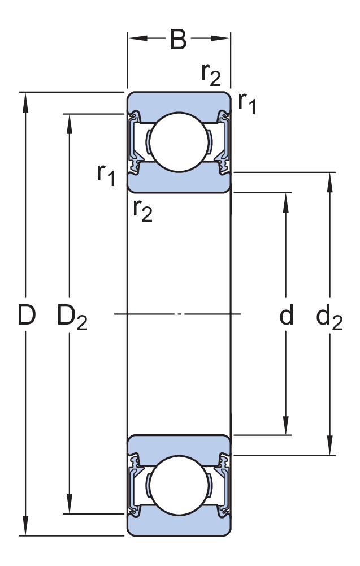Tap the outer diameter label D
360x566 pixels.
26,316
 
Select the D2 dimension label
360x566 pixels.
72,317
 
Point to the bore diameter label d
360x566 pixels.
287,317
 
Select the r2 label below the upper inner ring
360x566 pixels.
142,210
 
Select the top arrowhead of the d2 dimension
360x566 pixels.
329,180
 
